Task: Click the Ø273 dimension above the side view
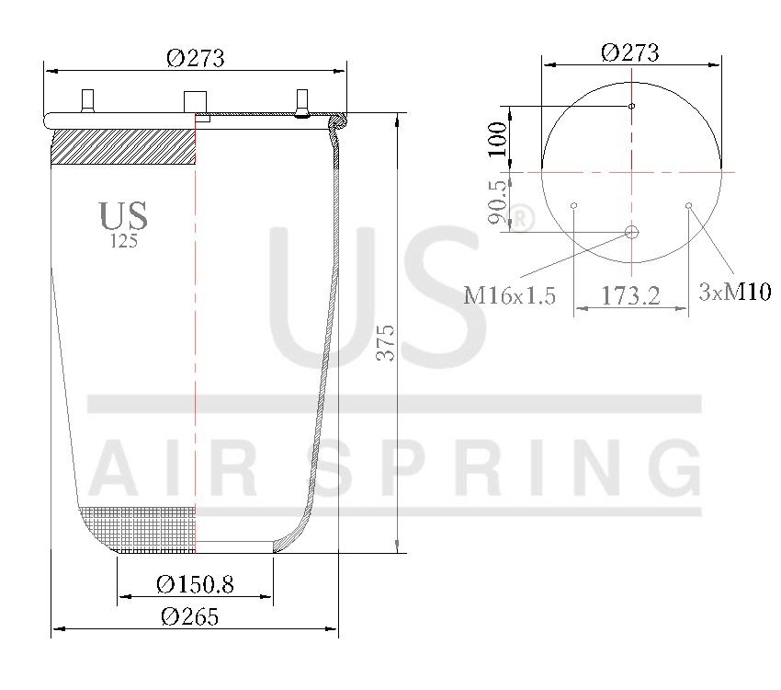coord(195,58)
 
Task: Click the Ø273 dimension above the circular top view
coord(629,52)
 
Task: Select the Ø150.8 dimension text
coord(195,584)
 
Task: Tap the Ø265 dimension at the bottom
coord(189,617)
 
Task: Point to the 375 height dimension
coord(386,342)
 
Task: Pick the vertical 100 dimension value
coord(497,138)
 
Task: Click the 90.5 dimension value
coord(497,202)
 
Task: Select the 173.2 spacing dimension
coord(631,296)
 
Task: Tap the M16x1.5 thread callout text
coord(509,295)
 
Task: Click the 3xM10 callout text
coord(734,293)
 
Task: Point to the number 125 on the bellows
coord(123,242)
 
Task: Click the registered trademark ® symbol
coord(521,219)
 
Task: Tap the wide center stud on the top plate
coord(196,100)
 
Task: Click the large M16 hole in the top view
coord(631,232)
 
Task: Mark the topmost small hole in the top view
coord(631,106)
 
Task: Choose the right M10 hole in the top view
coord(689,205)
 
